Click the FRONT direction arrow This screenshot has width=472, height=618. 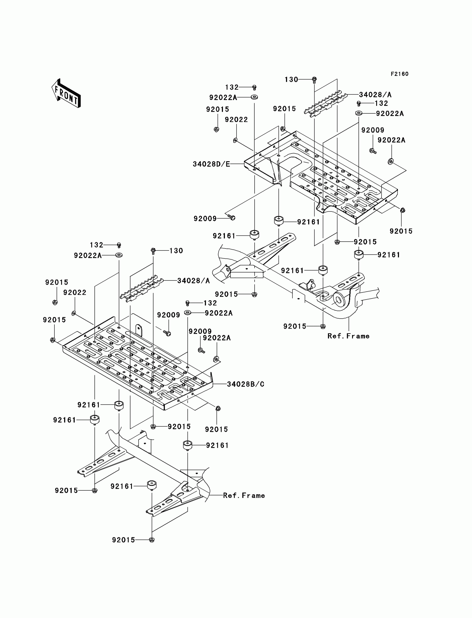click(66, 93)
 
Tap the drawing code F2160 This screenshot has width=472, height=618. click(400, 74)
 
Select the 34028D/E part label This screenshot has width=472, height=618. click(211, 164)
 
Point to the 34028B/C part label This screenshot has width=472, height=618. click(245, 384)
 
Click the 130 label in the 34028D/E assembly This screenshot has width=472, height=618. click(291, 80)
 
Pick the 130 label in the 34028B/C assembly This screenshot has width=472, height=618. click(176, 251)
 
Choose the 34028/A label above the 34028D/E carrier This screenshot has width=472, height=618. click(375, 95)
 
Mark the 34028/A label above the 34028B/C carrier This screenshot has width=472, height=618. click(193, 281)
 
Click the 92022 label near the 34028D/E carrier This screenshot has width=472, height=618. click(236, 120)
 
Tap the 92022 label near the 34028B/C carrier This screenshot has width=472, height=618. click(75, 292)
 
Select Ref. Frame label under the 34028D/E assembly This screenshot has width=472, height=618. click(348, 336)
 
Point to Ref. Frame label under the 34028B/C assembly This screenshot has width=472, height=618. click(244, 495)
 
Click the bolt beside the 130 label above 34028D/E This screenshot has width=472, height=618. click(314, 80)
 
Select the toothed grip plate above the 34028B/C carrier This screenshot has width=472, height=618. click(142, 289)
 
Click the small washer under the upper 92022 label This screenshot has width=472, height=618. click(235, 140)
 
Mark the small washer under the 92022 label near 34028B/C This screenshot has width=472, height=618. click(74, 313)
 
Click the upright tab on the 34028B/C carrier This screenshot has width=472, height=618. click(139, 330)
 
